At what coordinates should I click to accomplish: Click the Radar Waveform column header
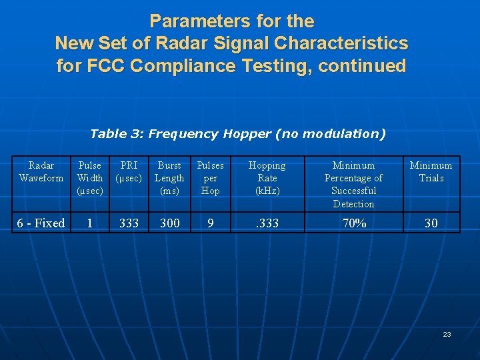pos(41,171)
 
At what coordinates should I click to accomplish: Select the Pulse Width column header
pos(90,178)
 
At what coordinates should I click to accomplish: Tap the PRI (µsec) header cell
pos(129,171)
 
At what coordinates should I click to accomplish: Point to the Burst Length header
pos(169,178)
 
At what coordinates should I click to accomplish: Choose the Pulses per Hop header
pos(211,178)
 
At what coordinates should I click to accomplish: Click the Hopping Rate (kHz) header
pos(267,178)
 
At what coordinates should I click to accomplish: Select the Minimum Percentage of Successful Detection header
pos(353,184)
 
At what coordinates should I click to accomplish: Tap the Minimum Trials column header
pos(431,171)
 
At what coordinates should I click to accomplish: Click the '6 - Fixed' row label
pos(41,223)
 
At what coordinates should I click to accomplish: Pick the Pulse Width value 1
pos(90,223)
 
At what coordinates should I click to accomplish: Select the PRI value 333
pos(129,223)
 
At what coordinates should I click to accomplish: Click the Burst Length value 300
pos(169,223)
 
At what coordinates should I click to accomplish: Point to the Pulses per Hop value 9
pos(211,223)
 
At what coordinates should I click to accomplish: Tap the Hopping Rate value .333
pos(267,223)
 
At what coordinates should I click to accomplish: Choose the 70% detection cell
pos(353,223)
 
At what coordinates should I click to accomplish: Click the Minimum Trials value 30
pos(431,223)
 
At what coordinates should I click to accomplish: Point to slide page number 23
pos(447,334)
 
